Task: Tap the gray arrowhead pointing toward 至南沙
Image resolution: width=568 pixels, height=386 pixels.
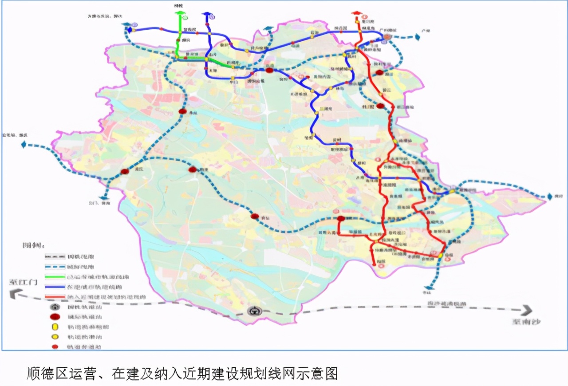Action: pos(526,310)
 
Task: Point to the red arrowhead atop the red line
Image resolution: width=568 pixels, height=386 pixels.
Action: pos(356,13)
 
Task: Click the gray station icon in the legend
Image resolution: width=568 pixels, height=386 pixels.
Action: pos(55,307)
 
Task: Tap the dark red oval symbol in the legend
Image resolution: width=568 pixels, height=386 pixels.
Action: pos(55,317)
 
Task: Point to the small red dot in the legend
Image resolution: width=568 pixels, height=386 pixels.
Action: pos(55,347)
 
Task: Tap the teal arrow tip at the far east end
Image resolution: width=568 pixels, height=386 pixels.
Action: pos(550,196)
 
